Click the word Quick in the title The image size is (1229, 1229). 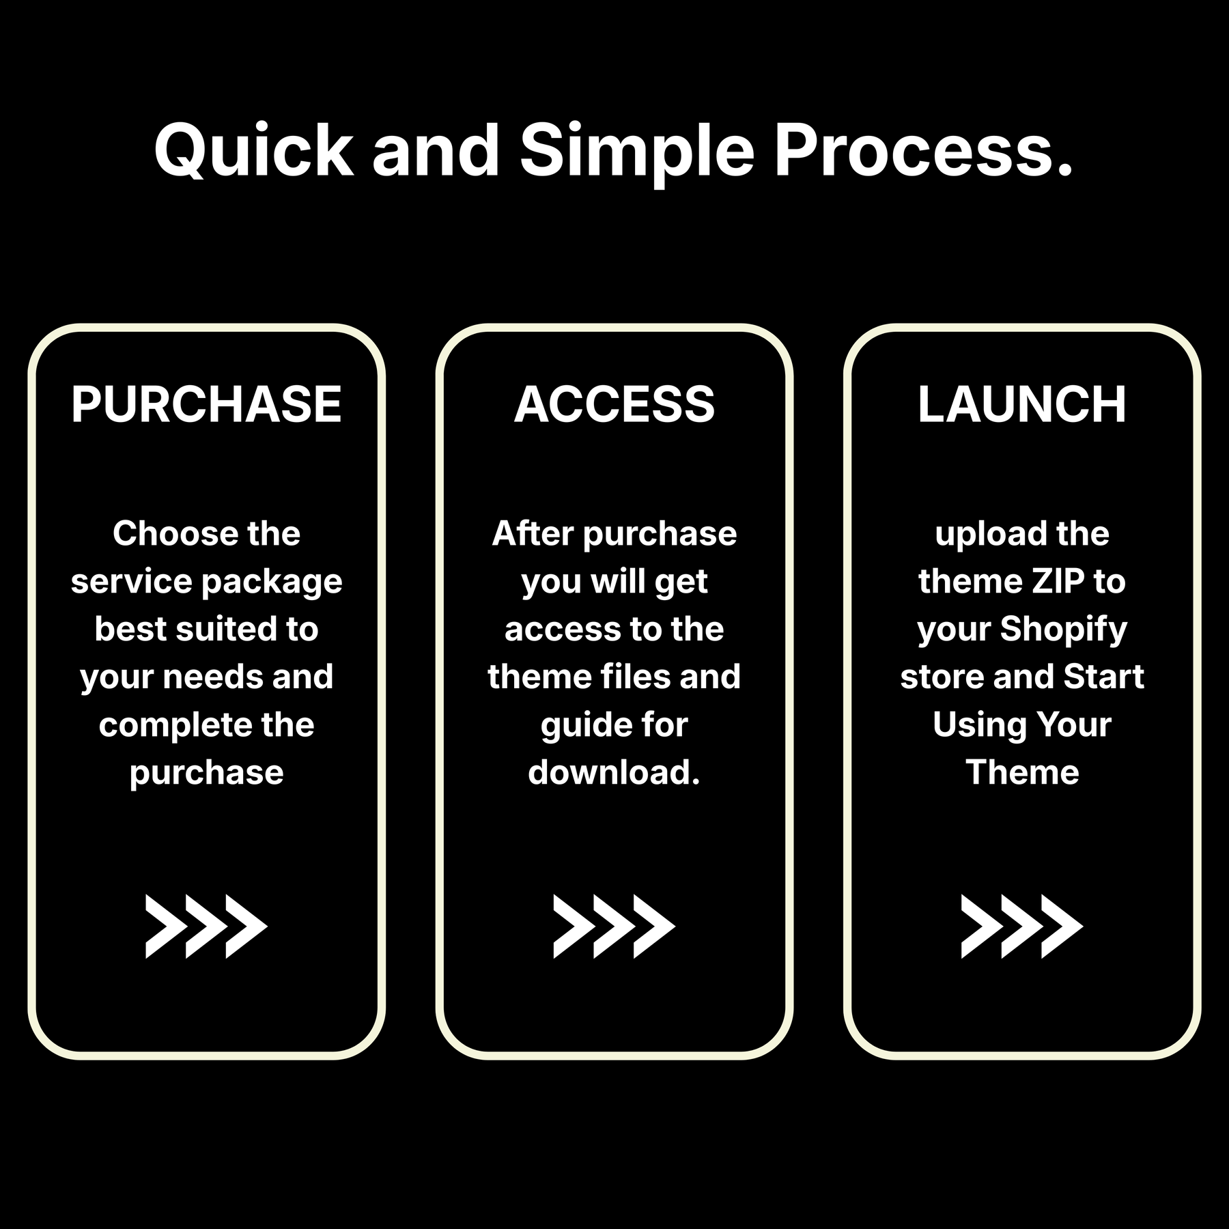254,151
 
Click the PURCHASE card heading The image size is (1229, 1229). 206,404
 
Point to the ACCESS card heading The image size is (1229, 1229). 614,404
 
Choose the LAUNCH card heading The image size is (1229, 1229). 1022,404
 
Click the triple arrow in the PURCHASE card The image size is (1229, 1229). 206,927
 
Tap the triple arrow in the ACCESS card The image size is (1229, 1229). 614,927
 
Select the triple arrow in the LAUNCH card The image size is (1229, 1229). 1022,927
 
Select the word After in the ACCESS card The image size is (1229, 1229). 533,533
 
